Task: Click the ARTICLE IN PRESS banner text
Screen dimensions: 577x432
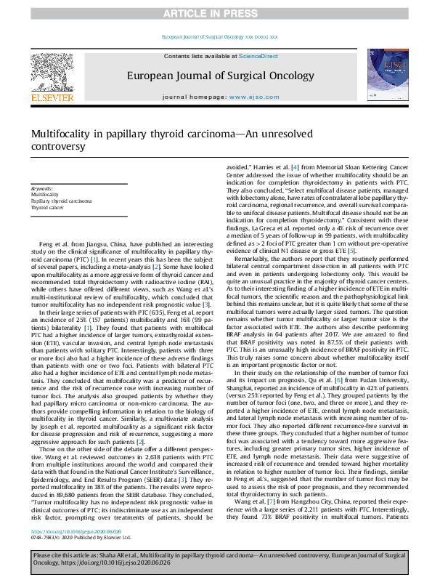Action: [x=216, y=13]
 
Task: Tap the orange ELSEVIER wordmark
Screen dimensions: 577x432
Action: [x=51, y=97]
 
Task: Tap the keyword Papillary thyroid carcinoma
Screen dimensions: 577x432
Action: [x=61, y=201]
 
